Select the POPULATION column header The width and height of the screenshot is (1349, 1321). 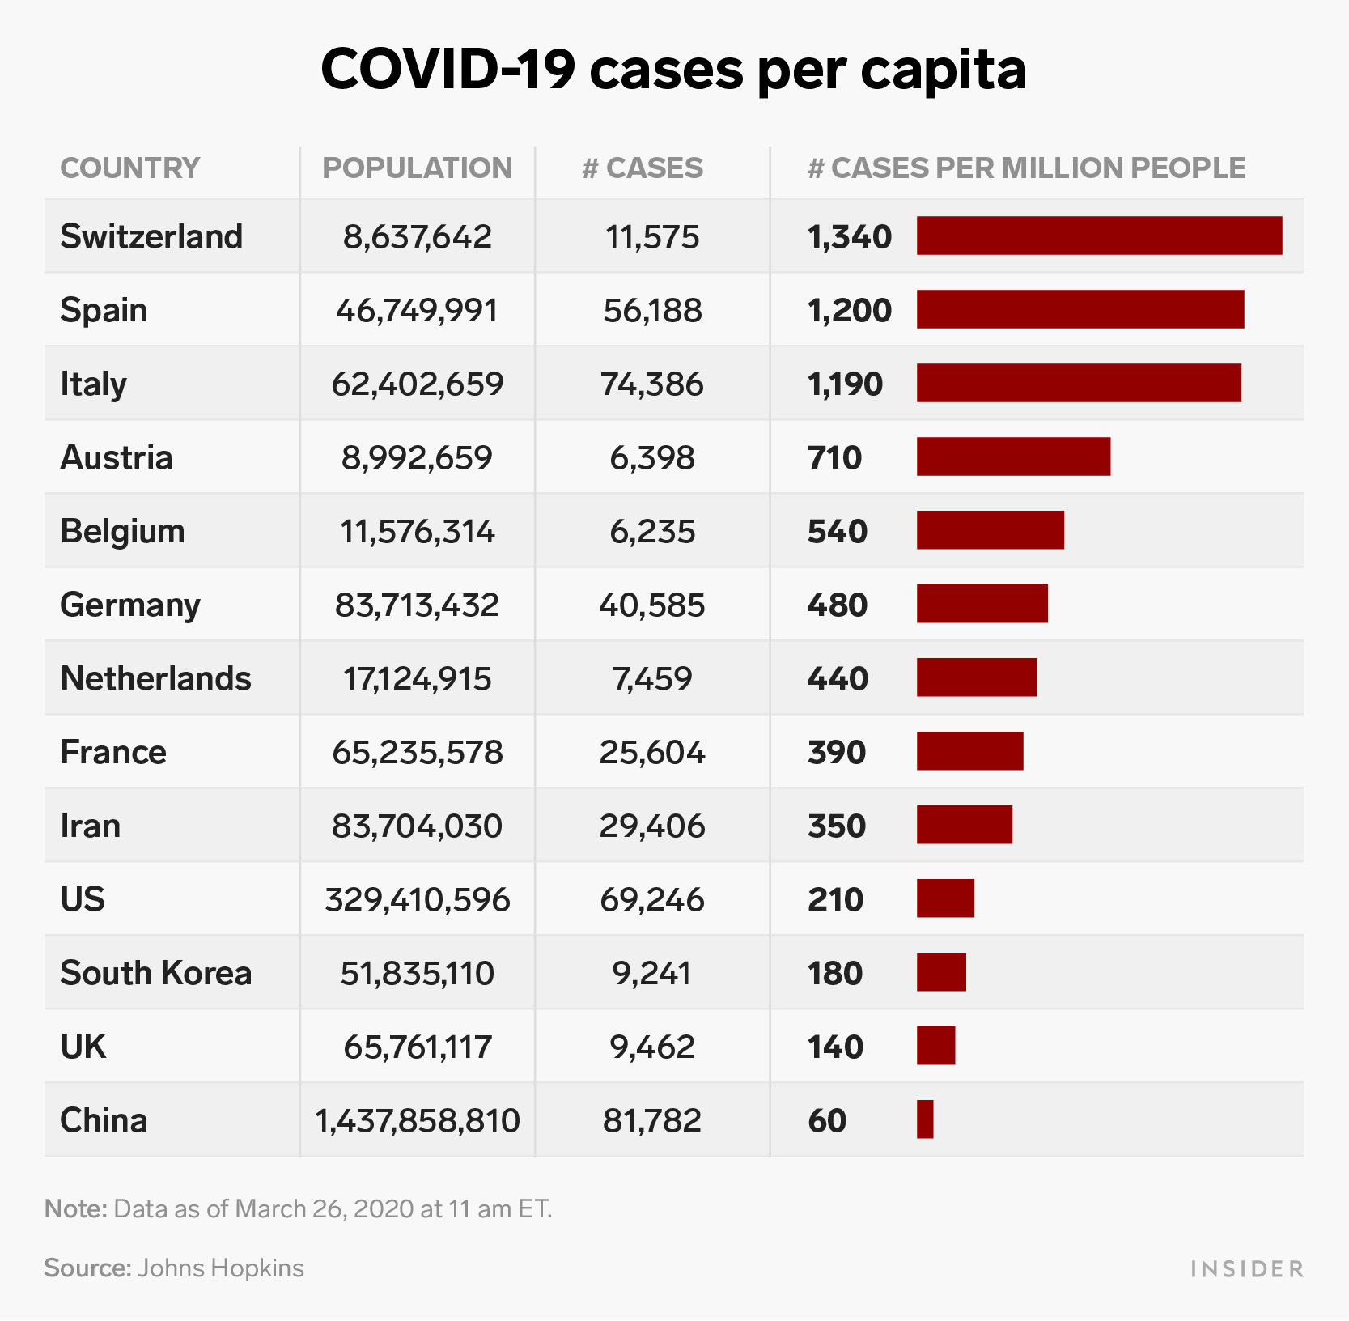tap(417, 168)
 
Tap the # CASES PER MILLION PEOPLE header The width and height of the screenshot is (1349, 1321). tap(1026, 168)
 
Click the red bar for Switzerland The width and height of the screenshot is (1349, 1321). tap(1099, 236)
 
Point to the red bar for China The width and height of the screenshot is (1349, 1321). tap(925, 1119)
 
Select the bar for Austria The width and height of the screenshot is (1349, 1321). tap(1013, 457)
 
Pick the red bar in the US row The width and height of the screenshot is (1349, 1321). tap(945, 898)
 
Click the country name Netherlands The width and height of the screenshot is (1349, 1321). tap(155, 678)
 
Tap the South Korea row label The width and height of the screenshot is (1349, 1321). tap(155, 973)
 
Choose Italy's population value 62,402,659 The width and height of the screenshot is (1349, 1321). tap(417, 384)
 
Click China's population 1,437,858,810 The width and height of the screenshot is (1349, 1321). tap(417, 1120)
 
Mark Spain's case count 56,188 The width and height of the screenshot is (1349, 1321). tap(652, 310)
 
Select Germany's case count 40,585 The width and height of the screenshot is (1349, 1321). tap(652, 605)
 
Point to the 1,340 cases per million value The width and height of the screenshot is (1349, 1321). tap(850, 236)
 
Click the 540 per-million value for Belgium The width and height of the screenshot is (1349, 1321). tap(838, 531)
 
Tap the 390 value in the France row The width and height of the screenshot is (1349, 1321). tap(837, 752)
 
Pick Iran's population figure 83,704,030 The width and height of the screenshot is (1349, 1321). tap(417, 826)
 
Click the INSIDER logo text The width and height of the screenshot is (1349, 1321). tap(1247, 1268)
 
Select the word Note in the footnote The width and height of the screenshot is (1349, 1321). tap(75, 1208)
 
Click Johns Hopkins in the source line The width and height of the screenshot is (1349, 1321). tap(221, 1268)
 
